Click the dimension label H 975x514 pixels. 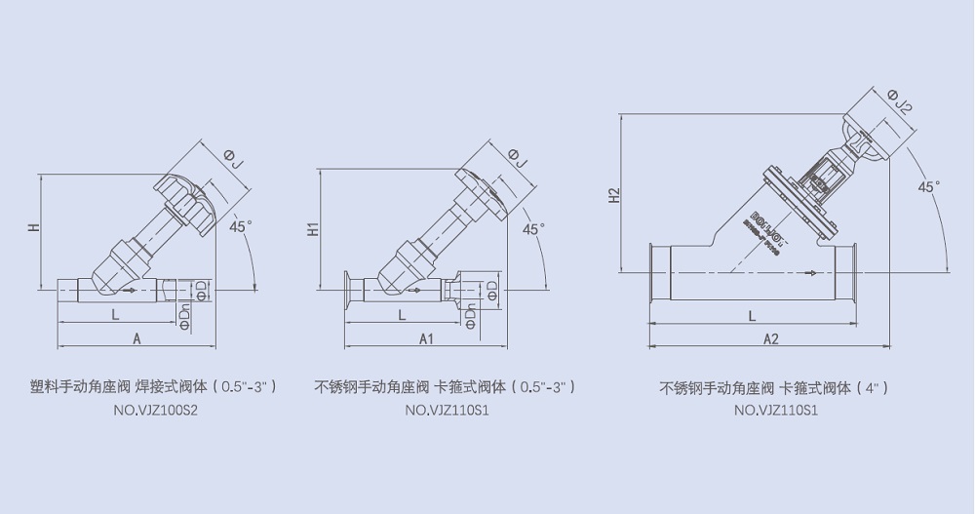click(32, 228)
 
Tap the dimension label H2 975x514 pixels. click(613, 195)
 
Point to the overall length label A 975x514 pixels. click(136, 337)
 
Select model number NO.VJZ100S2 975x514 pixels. click(156, 411)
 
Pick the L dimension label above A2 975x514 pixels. click(752, 316)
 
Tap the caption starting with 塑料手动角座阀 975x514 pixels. click(154, 386)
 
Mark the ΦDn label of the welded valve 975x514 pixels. click(184, 314)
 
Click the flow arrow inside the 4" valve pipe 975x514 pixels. click(805, 275)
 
